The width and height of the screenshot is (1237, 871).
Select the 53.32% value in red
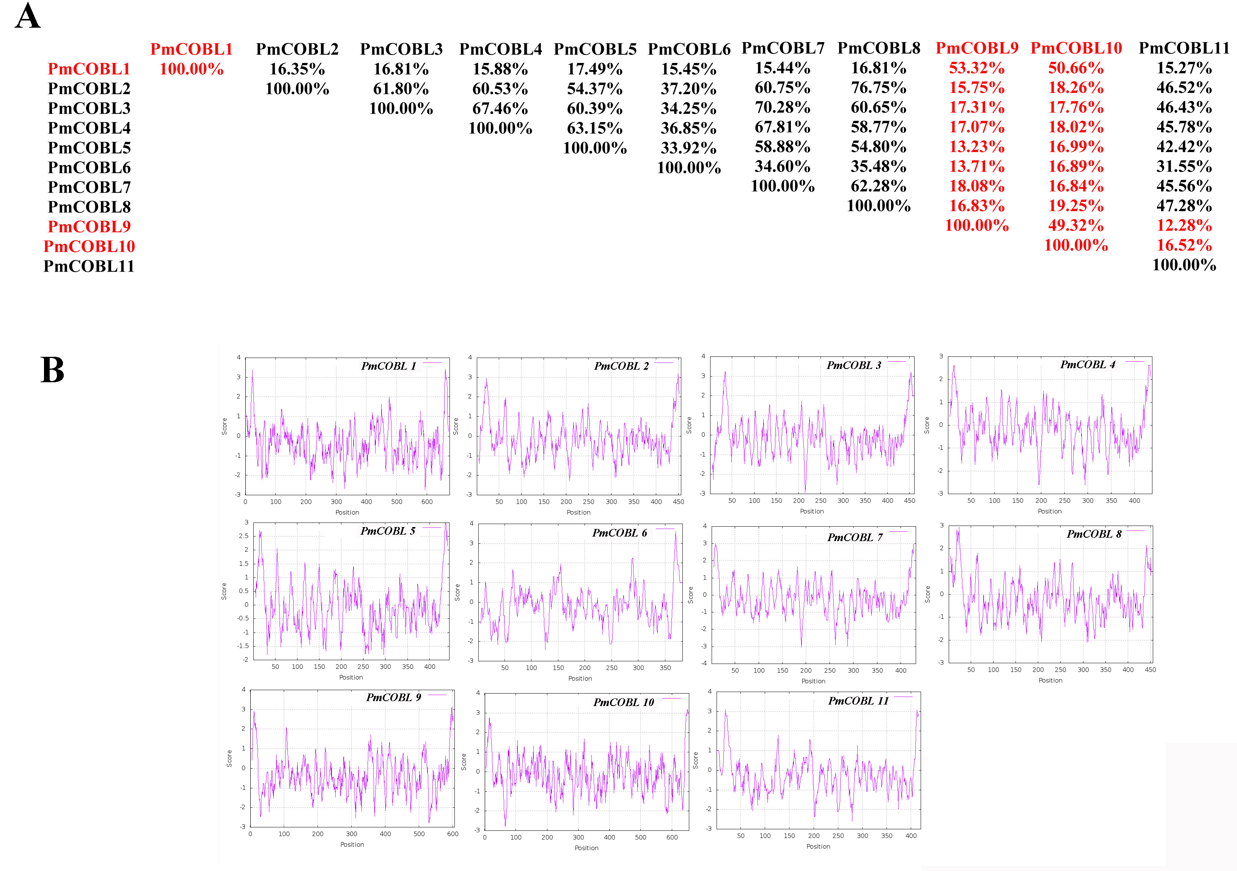click(x=976, y=68)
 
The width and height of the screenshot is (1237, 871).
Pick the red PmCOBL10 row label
click(x=89, y=246)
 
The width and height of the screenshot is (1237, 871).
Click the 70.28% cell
click(x=782, y=108)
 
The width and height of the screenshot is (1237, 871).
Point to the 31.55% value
click(x=1184, y=166)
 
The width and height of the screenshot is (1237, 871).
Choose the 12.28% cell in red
click(x=1184, y=226)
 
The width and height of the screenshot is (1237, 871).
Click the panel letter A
click(x=27, y=16)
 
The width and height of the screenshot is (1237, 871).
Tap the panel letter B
click(x=52, y=370)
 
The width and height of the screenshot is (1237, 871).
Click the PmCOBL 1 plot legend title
click(x=388, y=366)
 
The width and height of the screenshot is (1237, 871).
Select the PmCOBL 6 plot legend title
click(x=619, y=533)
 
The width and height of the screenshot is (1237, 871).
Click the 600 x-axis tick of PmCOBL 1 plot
click(x=427, y=502)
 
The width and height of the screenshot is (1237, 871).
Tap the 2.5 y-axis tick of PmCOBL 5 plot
click(x=244, y=536)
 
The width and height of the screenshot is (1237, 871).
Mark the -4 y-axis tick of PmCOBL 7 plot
click(x=704, y=663)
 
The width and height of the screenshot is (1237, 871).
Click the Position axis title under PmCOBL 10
click(x=586, y=848)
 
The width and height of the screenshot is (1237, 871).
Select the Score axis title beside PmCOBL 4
click(x=927, y=425)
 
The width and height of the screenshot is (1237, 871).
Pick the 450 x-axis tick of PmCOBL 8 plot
click(x=1150, y=670)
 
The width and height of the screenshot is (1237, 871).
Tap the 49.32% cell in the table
click(x=1075, y=226)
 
